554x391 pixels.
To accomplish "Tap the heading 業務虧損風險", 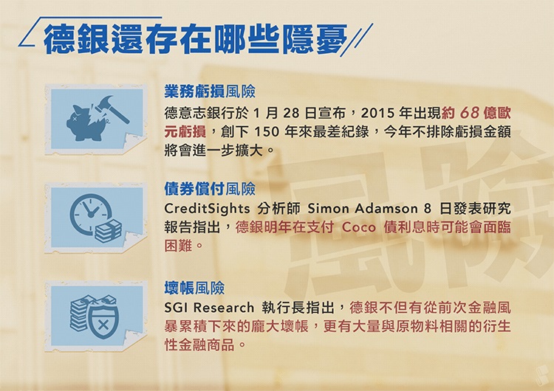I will pyautogui.click(x=210, y=92).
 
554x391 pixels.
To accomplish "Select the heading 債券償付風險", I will pyautogui.click(x=210, y=188).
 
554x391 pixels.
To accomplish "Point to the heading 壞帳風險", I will pyautogui.click(x=194, y=288).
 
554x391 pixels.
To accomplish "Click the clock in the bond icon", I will pyautogui.click(x=88, y=212).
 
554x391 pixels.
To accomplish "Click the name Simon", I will pyautogui.click(x=324, y=208).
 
